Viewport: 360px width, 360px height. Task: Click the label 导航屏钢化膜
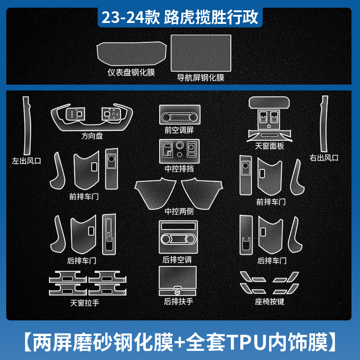pyautogui.click(x=201, y=77)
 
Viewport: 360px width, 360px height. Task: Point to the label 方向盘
pyautogui.click(x=92, y=135)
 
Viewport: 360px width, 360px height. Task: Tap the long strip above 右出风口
pyautogui.click(x=324, y=124)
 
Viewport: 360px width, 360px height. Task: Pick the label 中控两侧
pyautogui.click(x=179, y=211)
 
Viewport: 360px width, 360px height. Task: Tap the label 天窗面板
pyautogui.click(x=270, y=146)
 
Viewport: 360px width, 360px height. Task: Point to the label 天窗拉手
pyautogui.click(x=85, y=303)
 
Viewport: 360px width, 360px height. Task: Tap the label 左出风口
pyautogui.click(x=27, y=160)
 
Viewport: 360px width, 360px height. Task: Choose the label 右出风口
pyautogui.click(x=324, y=157)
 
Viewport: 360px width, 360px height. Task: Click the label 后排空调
pyautogui.click(x=179, y=260)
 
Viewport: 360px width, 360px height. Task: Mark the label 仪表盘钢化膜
pyautogui.click(x=131, y=72)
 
